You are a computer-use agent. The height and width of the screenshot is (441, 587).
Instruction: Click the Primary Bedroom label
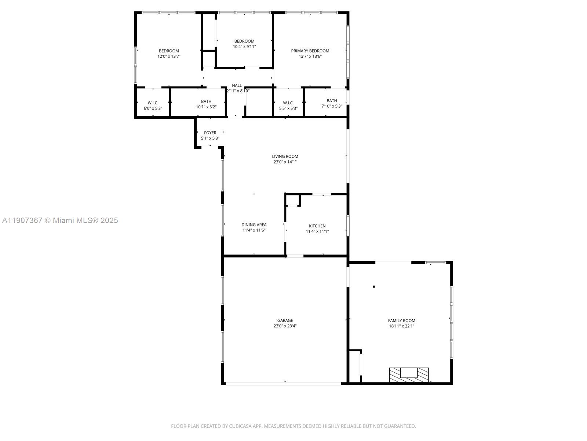(310, 51)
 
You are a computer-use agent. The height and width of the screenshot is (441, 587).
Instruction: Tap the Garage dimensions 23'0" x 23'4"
(285, 326)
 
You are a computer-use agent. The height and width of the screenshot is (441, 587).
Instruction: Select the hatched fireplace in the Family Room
(409, 374)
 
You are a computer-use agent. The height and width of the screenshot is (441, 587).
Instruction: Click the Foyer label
(210, 133)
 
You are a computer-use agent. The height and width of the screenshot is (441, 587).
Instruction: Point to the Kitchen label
(317, 226)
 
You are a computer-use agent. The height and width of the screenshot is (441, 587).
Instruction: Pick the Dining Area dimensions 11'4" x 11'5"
(254, 230)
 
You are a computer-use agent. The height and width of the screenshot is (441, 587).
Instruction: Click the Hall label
(237, 85)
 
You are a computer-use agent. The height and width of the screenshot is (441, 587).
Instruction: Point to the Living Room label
(285, 156)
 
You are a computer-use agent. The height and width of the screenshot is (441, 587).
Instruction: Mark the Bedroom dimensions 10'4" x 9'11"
(244, 47)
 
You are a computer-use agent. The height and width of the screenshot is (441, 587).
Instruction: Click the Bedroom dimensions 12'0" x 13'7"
(169, 57)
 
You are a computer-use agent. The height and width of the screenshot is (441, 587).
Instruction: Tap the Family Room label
(401, 320)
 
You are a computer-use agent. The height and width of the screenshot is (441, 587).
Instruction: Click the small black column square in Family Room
(374, 286)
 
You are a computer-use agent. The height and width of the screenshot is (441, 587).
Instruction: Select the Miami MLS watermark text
(60, 220)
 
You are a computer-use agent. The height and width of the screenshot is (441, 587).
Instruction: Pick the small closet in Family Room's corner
(354, 366)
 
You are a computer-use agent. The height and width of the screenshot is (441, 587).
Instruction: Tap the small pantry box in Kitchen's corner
(293, 200)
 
